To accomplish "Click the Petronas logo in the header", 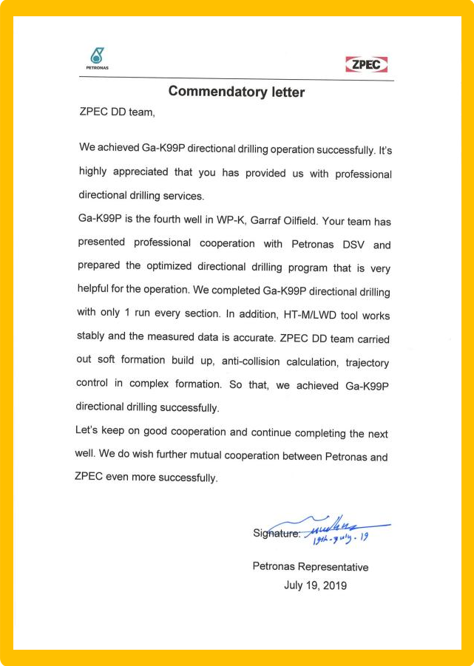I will [x=97, y=58].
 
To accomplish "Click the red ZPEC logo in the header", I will [x=366, y=64].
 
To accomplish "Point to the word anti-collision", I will [x=258, y=361].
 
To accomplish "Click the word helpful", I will [x=97, y=290].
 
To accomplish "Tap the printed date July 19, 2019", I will [x=315, y=585].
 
